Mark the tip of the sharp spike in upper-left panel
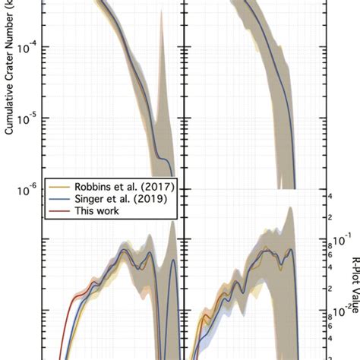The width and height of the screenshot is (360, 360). point(161,17)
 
